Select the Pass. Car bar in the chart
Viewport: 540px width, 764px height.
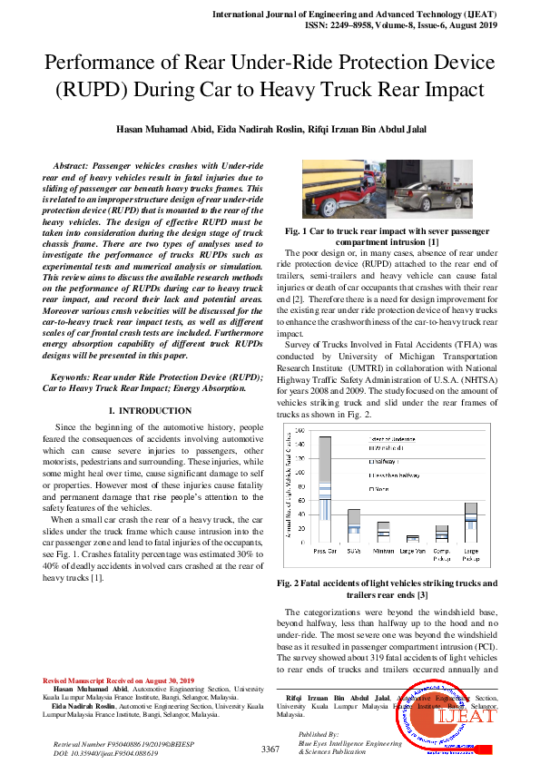324,489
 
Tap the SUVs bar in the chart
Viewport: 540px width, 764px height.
354,526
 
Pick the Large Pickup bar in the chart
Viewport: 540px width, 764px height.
470,523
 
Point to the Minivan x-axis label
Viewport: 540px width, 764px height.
383,550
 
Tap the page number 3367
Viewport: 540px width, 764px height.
270,749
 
